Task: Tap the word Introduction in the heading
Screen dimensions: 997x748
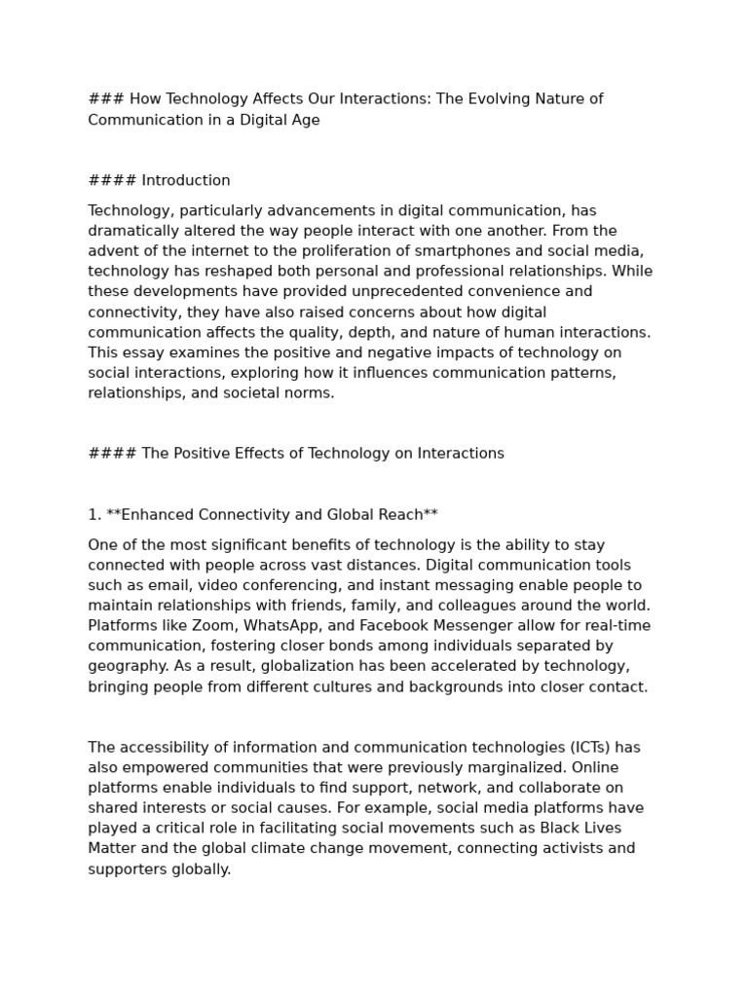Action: [186, 181]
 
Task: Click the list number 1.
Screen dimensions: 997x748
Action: [94, 514]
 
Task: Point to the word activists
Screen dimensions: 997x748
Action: [566, 849]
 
